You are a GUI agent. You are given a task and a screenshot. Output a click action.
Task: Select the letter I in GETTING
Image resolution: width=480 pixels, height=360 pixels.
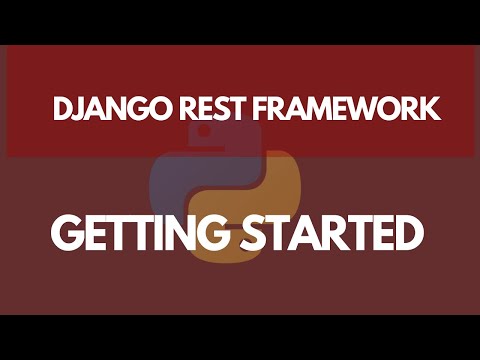(160, 233)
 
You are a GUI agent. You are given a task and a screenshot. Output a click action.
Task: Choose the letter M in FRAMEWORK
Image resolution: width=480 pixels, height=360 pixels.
(316, 109)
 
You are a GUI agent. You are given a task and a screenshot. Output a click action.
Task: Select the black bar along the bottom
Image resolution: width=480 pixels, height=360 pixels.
(240, 337)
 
